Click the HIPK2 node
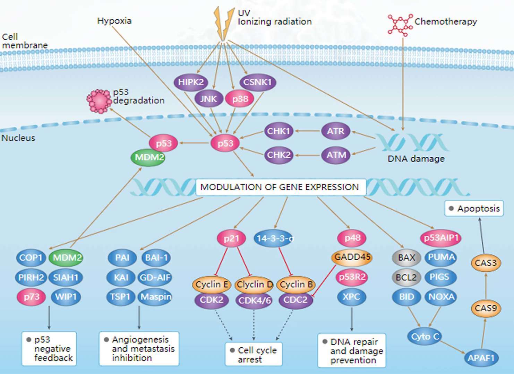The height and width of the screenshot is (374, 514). pyautogui.click(x=191, y=82)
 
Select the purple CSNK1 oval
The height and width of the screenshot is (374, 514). pyautogui.click(x=258, y=82)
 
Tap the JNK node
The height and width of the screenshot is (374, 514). pyautogui.click(x=208, y=99)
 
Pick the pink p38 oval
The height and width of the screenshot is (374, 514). pyautogui.click(x=240, y=99)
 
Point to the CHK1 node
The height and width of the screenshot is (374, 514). pyautogui.click(x=279, y=131)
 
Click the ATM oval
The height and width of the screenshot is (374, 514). pyautogui.click(x=336, y=155)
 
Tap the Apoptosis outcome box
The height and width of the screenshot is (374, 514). pyautogui.click(x=474, y=209)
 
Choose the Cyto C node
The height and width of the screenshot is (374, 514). pyautogui.click(x=425, y=337)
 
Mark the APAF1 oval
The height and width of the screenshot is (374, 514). pyautogui.click(x=481, y=358)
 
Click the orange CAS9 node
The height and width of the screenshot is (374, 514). pyautogui.click(x=486, y=308)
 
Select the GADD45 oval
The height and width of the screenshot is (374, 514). pyautogui.click(x=352, y=257)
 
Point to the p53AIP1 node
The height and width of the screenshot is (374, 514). pyautogui.click(x=441, y=238)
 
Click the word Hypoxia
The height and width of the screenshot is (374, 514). pyautogui.click(x=114, y=21)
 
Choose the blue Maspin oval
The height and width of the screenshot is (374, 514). pyautogui.click(x=155, y=297)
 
